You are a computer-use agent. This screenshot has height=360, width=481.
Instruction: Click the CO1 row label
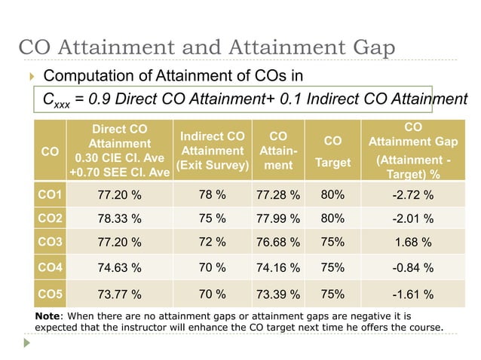[x=51, y=195]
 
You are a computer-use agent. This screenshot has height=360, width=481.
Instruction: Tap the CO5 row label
[x=51, y=293]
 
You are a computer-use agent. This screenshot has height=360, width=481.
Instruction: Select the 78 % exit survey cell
[x=211, y=195]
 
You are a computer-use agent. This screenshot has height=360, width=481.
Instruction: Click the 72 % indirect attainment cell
[x=211, y=243]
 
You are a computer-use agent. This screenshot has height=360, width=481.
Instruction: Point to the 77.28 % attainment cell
[x=278, y=196]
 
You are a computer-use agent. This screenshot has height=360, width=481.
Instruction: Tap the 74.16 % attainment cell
[x=278, y=267]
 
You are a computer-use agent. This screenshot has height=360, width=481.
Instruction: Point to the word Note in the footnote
[x=50, y=315]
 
